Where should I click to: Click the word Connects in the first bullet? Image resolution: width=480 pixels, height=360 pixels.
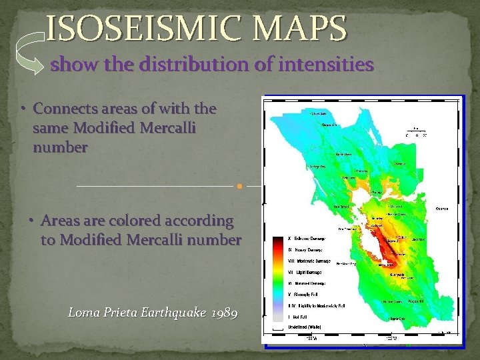coord(65,108)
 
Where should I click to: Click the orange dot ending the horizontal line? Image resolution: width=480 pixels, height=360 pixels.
coord(239,186)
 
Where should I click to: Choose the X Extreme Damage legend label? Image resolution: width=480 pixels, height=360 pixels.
coord(308,238)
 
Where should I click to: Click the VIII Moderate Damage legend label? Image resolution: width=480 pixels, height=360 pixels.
coord(309,261)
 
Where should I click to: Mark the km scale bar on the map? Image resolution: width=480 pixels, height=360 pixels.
coord(416,131)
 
